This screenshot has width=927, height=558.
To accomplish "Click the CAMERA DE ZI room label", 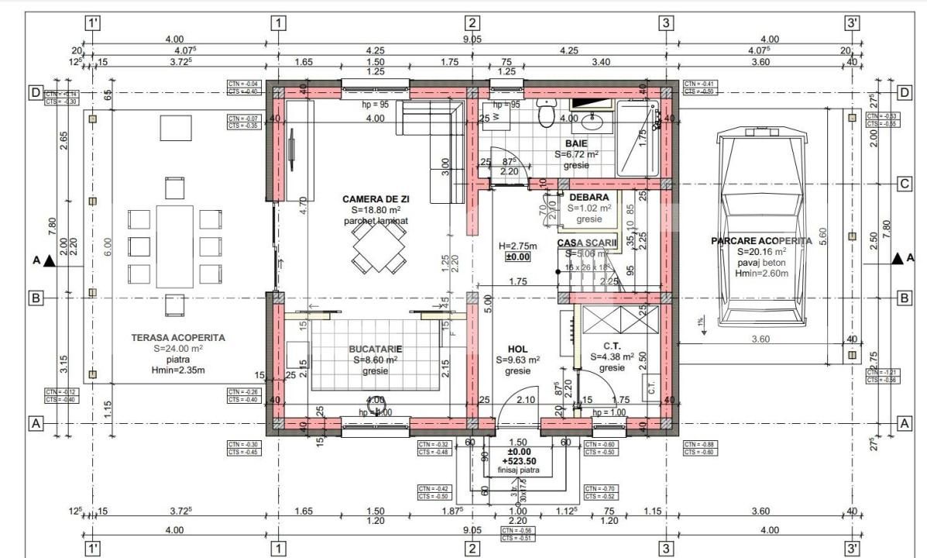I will click(x=376, y=199).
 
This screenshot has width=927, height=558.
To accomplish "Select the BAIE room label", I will click(x=575, y=143).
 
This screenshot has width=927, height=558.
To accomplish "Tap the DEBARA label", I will click(x=589, y=197).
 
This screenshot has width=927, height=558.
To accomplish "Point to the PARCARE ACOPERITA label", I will click(x=761, y=241).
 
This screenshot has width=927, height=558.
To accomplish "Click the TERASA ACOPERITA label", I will click(x=178, y=338).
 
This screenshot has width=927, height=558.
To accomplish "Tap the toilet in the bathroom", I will click(x=548, y=115).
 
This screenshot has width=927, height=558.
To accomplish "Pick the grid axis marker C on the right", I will click(x=902, y=184).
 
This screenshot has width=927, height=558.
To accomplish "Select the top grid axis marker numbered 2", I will click(x=472, y=22).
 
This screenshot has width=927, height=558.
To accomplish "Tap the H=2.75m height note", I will click(x=518, y=246).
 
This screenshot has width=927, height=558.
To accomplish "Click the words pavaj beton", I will click(x=761, y=263).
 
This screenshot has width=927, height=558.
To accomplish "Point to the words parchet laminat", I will click(x=376, y=221).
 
